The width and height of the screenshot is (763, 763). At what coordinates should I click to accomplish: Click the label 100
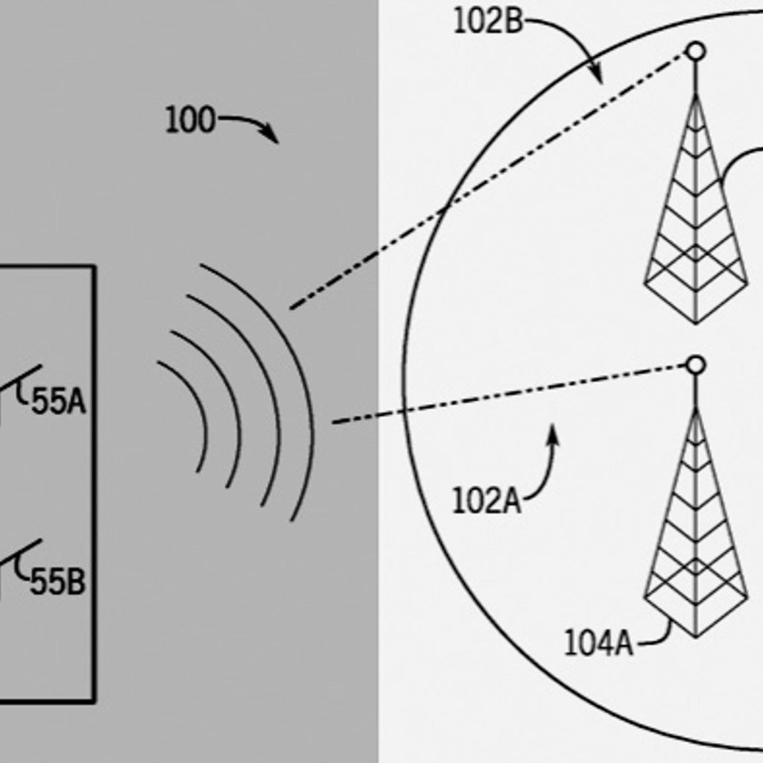pyautogui.click(x=190, y=120)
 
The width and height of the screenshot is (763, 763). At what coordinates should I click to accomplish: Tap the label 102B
pyautogui.click(x=488, y=22)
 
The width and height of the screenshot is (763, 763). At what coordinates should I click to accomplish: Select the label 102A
pyautogui.click(x=487, y=501)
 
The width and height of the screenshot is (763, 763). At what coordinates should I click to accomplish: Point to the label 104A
pyautogui.click(x=598, y=643)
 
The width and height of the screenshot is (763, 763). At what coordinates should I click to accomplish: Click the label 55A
pyautogui.click(x=58, y=402)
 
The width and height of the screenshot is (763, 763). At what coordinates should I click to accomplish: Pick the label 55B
pyautogui.click(x=57, y=581)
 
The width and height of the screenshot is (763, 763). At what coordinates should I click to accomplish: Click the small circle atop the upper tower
pyautogui.click(x=696, y=51)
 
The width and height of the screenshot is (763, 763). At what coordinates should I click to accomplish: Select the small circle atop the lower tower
pyautogui.click(x=696, y=365)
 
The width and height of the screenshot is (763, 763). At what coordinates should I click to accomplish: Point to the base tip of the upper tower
pyautogui.click(x=696, y=323)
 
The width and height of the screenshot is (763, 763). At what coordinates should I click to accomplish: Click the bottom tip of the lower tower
pyautogui.click(x=696, y=637)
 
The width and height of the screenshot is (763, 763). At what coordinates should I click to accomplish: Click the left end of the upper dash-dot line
pyautogui.click(x=291, y=308)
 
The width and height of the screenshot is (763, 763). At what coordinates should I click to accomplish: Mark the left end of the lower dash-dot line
pyautogui.click(x=333, y=422)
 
